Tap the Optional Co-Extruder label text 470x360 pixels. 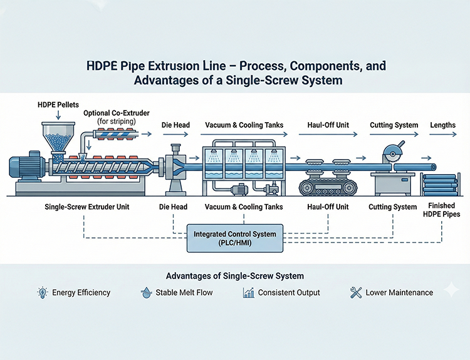click(116, 113)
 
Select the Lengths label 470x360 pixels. click(442, 125)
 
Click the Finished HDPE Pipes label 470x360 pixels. click(442, 210)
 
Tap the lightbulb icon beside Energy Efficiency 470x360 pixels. click(43, 292)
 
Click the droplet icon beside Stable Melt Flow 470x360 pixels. click(145, 292)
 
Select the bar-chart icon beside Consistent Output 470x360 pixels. click(249, 292)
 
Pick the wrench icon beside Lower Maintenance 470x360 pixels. click(355, 292)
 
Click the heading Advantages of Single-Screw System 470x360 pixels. click(234, 276)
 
